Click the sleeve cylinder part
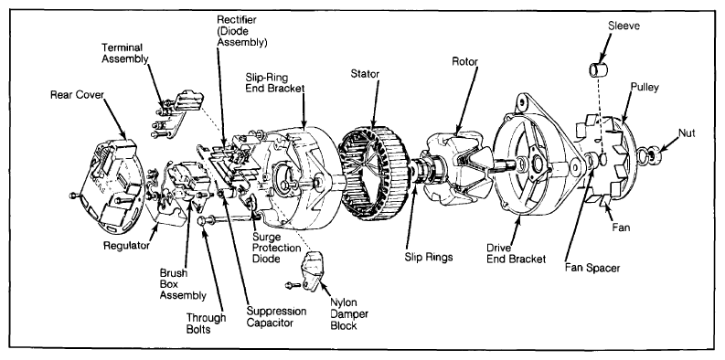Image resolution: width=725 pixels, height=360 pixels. (x=598, y=69)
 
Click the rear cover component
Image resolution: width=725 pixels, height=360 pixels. (x=110, y=185)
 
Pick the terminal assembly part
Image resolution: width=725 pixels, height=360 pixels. (x=178, y=112)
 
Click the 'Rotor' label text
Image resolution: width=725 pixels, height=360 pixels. (x=464, y=62)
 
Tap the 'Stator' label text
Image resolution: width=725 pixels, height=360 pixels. (x=365, y=73)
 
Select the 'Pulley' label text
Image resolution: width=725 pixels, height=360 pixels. (x=645, y=87)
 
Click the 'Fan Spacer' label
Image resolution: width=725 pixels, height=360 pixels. (x=592, y=268)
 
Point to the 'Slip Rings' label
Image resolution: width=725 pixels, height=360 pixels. (x=429, y=258)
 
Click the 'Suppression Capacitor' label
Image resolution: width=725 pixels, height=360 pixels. (x=276, y=317)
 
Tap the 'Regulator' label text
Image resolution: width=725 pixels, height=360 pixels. (x=126, y=246)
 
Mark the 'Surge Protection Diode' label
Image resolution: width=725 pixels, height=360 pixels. (x=276, y=248)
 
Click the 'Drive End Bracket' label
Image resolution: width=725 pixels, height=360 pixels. (x=516, y=254)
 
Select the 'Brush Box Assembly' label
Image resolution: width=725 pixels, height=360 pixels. (x=183, y=284)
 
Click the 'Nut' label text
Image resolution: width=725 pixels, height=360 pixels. (x=687, y=133)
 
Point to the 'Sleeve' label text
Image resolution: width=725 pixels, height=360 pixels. (x=624, y=26)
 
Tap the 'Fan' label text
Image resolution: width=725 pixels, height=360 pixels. (x=621, y=228)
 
